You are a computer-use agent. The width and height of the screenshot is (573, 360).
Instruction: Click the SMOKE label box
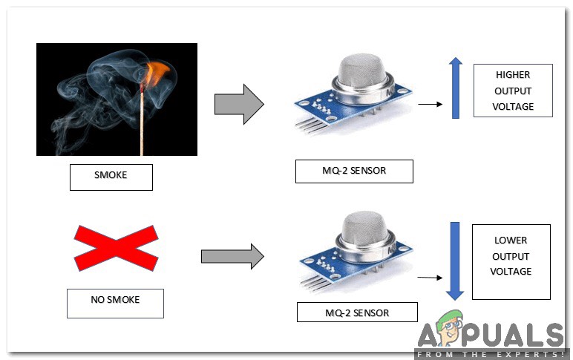coord(111,177)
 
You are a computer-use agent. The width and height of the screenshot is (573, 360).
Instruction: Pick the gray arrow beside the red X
coord(232,257)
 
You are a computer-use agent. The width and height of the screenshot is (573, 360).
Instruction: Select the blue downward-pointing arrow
coord(455,260)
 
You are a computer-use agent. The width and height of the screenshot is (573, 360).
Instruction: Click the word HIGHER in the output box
coord(513,76)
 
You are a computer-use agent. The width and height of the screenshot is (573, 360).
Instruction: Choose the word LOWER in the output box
coord(511,240)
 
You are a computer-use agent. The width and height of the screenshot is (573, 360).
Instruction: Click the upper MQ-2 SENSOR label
coord(353,171)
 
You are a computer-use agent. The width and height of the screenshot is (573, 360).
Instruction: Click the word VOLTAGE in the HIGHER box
coord(513,106)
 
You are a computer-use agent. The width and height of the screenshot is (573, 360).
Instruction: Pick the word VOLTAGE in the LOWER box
coord(511,272)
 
